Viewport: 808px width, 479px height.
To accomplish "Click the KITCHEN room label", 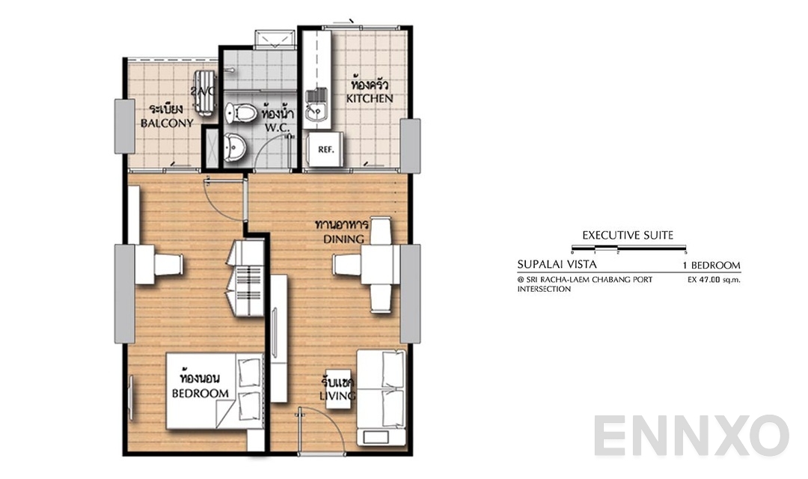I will tap(370, 98).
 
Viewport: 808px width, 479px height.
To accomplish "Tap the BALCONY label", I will tap(167, 123).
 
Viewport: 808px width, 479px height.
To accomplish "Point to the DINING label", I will tap(343, 239).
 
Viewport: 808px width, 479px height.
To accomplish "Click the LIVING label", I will tap(337, 395).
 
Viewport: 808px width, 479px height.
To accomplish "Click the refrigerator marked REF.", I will tap(325, 149).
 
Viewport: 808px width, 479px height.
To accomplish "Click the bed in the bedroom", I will tap(214, 390).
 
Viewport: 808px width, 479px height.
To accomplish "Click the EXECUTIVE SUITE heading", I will tap(628, 235).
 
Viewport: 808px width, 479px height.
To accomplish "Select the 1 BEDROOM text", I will tap(711, 265).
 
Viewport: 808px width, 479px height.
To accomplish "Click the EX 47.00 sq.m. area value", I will tap(713, 280).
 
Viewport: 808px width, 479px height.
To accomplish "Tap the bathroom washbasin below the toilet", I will tap(235, 148).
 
